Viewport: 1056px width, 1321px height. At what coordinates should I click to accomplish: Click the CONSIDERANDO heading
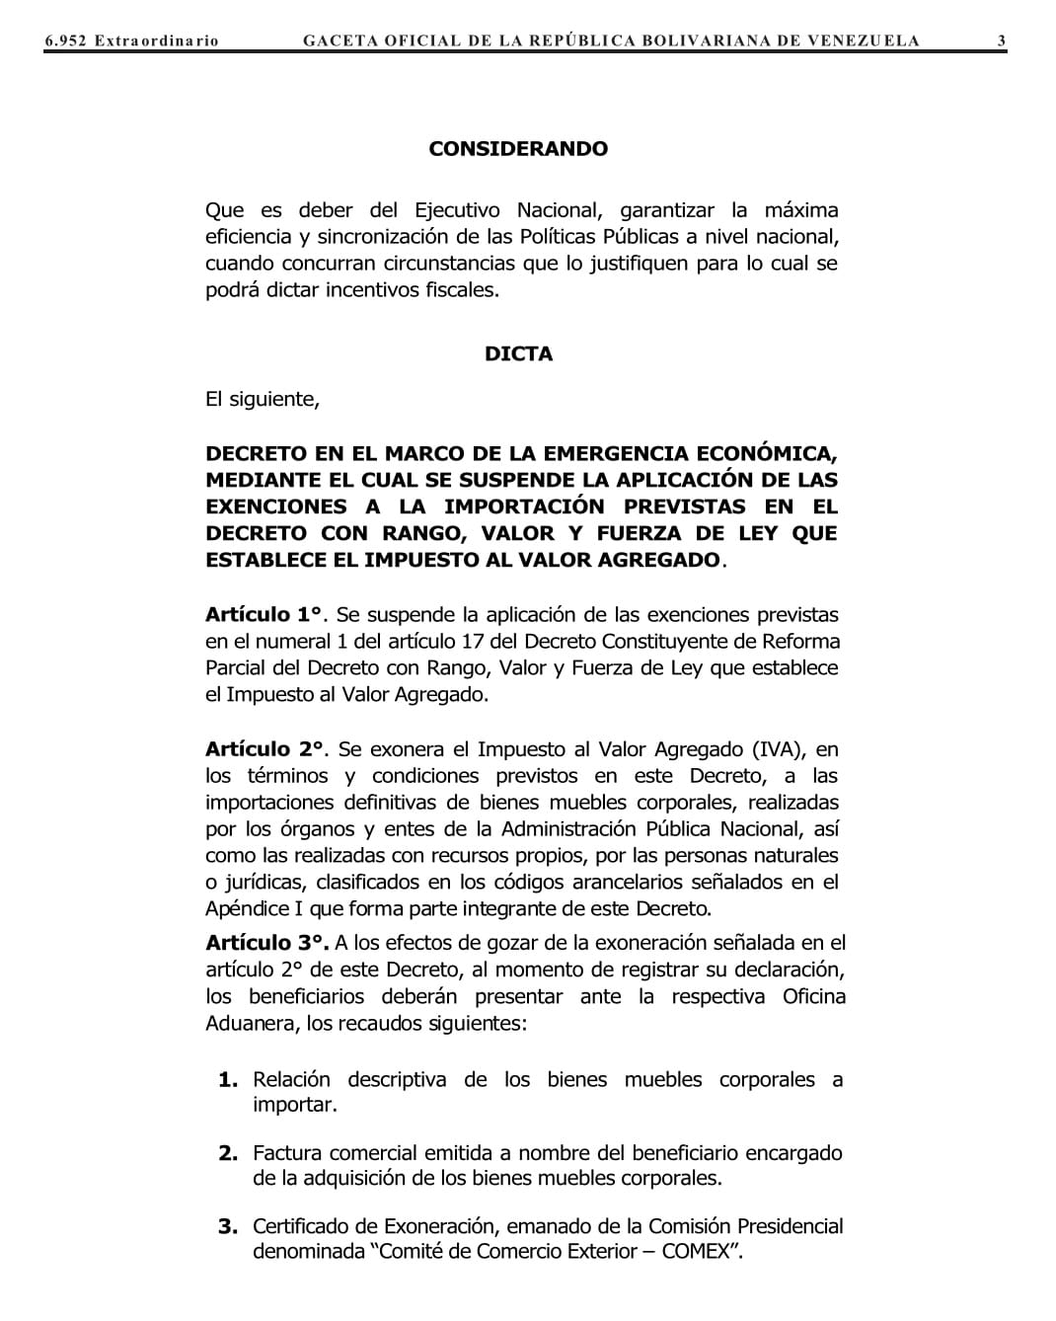tap(518, 149)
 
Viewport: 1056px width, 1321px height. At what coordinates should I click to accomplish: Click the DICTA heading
tap(518, 353)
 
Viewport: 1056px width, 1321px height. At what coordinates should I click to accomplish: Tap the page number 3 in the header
tap(1001, 40)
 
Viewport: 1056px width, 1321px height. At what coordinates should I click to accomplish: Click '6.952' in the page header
tap(65, 40)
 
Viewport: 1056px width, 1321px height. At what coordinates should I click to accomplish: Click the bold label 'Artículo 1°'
tap(264, 615)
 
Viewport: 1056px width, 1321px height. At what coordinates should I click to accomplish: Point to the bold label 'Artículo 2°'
tap(264, 750)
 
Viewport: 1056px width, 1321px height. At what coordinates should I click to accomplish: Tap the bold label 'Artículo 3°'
tap(265, 944)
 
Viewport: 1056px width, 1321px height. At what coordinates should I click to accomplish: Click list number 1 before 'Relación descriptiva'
tap(228, 1080)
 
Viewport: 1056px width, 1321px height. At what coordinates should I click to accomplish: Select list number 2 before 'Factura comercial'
tap(228, 1153)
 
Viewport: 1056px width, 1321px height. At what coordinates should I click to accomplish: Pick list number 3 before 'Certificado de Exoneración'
tap(228, 1227)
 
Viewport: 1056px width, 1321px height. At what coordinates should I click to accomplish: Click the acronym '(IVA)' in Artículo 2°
tap(779, 750)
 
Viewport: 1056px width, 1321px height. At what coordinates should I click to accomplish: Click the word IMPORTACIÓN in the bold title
tap(524, 507)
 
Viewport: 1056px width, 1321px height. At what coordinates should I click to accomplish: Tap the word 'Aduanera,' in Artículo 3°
tap(252, 1024)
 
